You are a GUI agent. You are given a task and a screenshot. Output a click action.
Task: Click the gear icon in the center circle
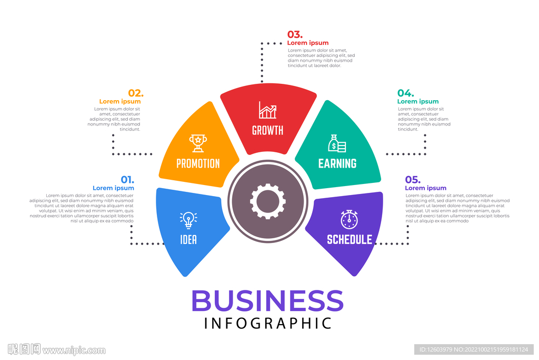268,201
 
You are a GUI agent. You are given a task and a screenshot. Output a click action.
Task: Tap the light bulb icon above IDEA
188,219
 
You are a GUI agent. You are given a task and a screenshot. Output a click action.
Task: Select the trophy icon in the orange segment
198,142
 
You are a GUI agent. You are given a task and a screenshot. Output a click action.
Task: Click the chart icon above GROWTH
267,110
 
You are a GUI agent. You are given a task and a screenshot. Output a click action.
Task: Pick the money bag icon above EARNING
337,143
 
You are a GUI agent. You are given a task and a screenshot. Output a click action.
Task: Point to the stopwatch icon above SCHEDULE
349,219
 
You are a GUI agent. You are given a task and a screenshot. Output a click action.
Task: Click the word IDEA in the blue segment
188,240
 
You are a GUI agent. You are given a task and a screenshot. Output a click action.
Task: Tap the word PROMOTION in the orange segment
198,163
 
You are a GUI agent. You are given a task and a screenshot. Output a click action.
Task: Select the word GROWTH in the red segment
267,130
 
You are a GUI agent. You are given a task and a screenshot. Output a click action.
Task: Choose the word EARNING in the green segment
337,163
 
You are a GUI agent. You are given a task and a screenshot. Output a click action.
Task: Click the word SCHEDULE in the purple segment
350,239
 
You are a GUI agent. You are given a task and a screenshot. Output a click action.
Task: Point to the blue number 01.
127,179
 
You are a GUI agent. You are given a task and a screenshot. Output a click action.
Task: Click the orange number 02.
135,93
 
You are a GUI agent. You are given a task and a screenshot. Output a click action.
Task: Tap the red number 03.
295,35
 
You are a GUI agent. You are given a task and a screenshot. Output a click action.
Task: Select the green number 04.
405,93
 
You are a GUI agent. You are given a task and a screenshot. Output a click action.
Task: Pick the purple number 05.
413,179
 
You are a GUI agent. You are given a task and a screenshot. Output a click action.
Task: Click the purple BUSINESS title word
267,301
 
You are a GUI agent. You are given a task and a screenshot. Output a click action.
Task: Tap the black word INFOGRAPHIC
268,323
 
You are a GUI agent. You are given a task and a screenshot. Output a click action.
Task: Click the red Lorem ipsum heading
308,43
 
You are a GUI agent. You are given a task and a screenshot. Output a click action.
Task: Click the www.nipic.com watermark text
74,350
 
